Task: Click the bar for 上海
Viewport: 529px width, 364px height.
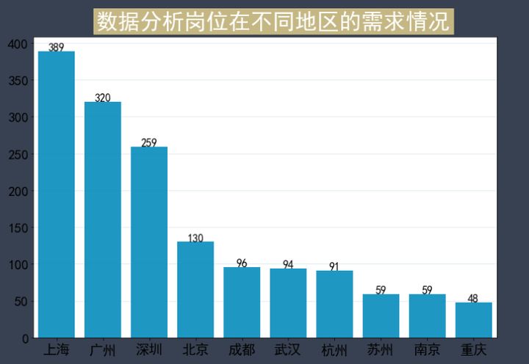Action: click(x=57, y=194)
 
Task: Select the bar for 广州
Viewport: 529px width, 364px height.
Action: click(x=103, y=220)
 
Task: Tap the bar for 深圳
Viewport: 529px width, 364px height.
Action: click(x=149, y=242)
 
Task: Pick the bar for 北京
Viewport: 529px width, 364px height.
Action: click(x=195, y=290)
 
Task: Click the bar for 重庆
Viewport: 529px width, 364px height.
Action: click(x=474, y=320)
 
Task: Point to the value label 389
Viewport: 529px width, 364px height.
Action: click(x=57, y=47)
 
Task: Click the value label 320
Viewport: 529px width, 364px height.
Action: click(x=103, y=98)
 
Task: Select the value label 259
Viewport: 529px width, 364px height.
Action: click(x=149, y=142)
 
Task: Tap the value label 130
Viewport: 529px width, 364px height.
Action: click(x=195, y=238)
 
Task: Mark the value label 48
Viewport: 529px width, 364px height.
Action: click(x=473, y=298)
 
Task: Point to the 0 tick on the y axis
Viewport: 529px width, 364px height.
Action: click(x=25, y=338)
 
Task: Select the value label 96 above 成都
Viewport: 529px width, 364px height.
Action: click(x=242, y=263)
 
